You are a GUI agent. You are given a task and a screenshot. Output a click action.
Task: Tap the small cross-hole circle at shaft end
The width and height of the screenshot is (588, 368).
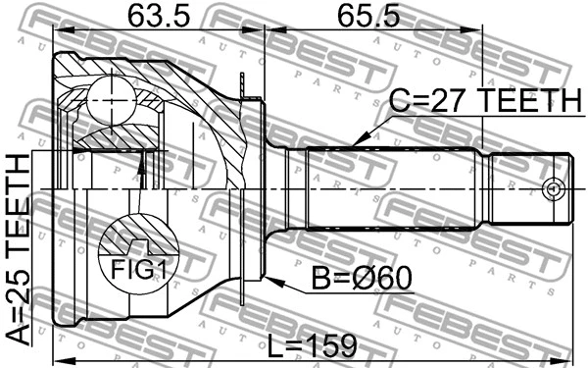pos(553,187)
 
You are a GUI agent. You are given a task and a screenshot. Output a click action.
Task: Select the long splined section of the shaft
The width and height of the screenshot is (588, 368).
pos(392,186)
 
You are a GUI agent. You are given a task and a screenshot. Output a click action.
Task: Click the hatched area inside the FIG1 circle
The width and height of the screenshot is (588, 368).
pos(127,240)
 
